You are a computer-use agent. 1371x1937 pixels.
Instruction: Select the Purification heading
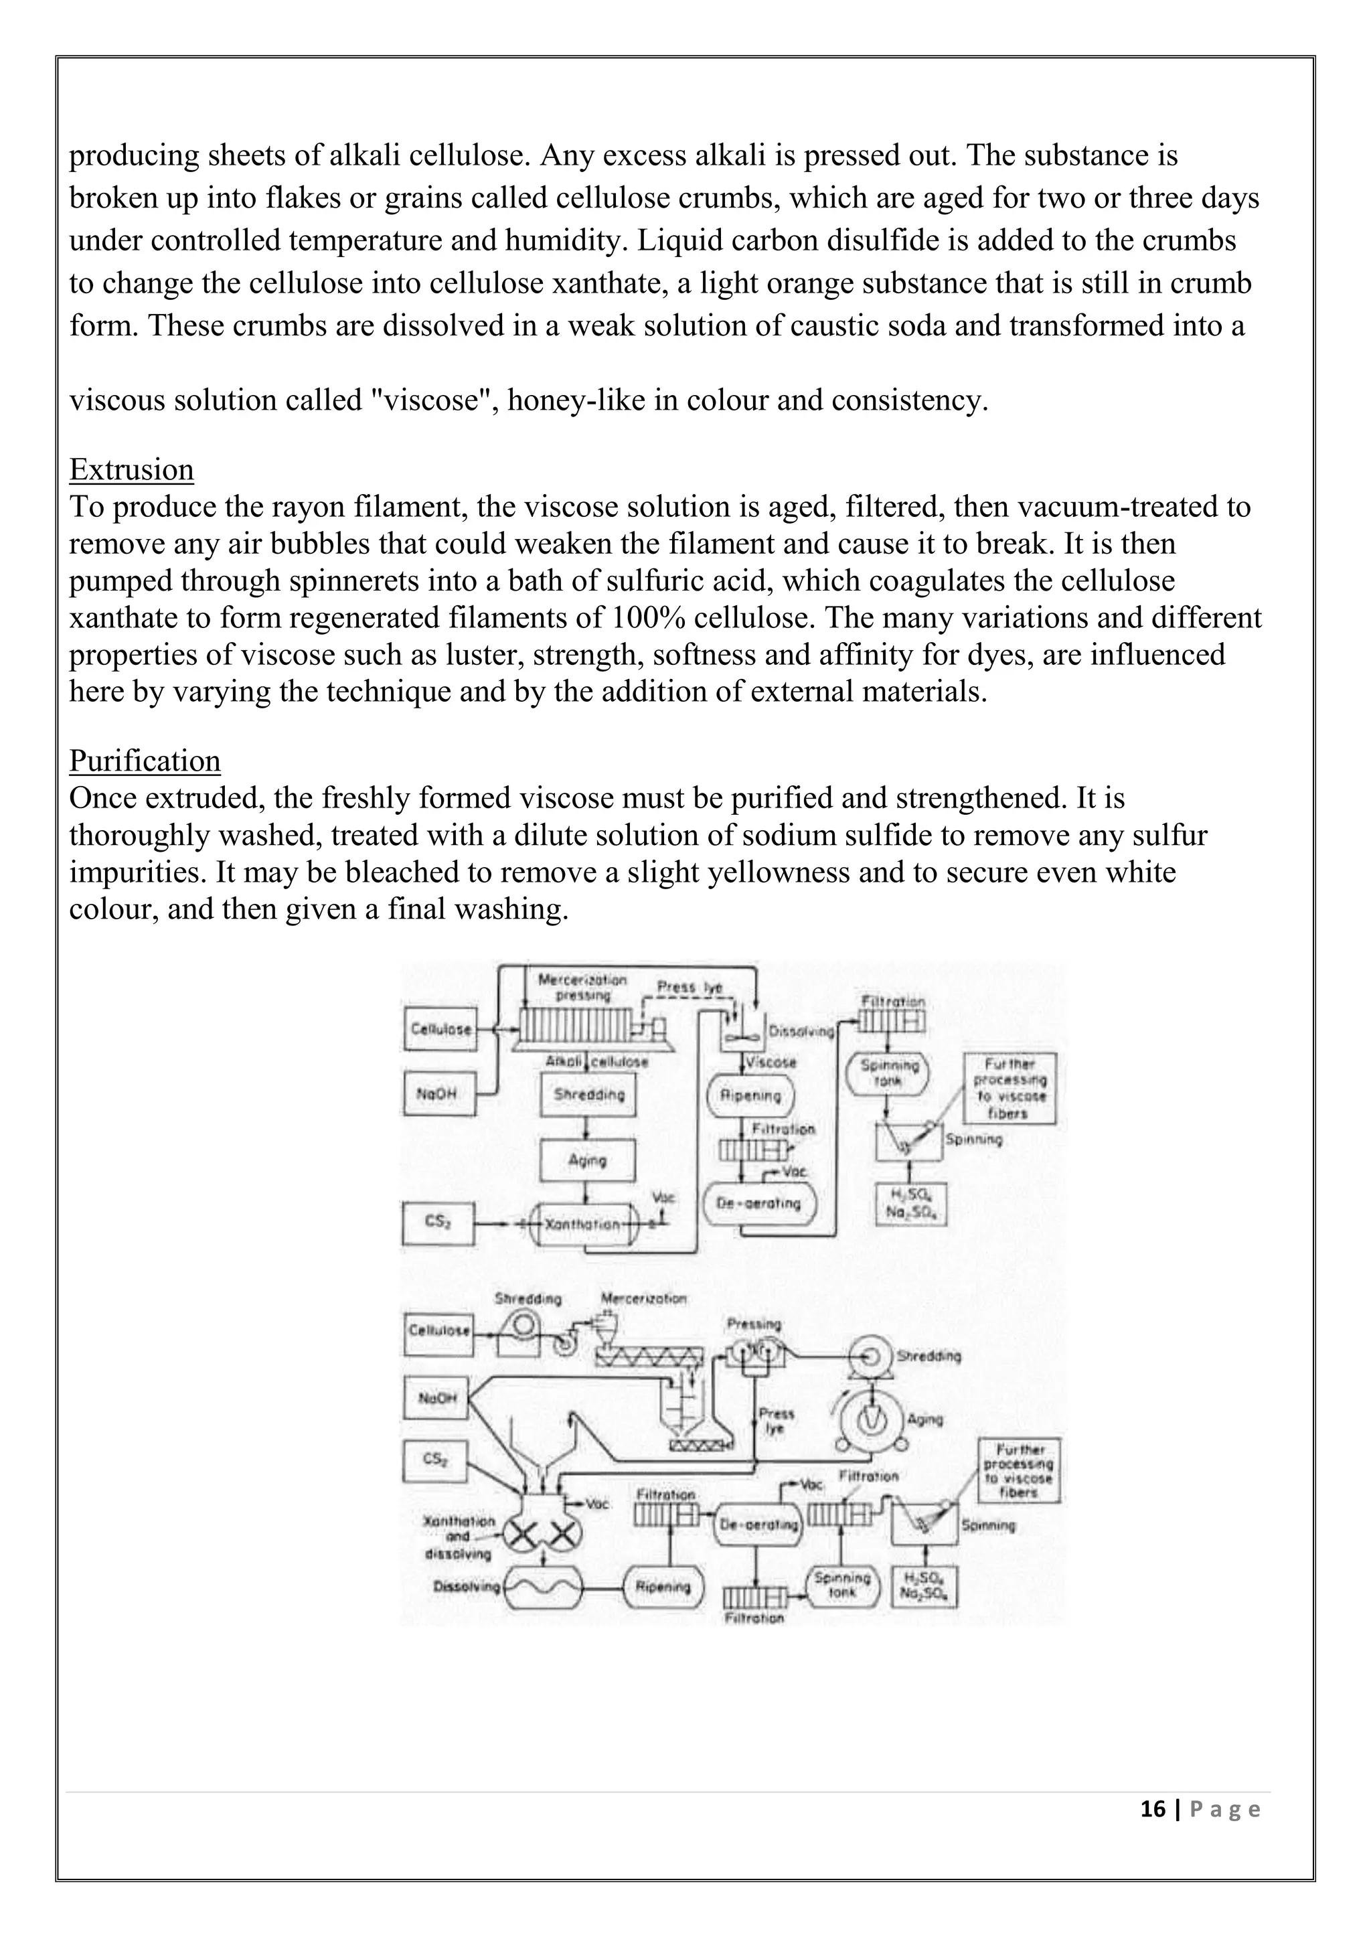coord(145,761)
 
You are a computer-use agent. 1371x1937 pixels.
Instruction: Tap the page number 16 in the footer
coord(1152,1808)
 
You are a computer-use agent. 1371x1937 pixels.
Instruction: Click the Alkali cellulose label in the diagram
coord(597,1061)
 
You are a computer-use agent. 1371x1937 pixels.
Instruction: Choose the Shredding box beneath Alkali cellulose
coord(588,1095)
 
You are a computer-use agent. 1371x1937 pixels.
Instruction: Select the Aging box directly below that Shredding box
coord(588,1160)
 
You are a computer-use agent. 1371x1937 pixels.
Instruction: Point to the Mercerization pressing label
coord(582,987)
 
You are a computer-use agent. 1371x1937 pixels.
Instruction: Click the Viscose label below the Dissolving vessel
coord(771,1061)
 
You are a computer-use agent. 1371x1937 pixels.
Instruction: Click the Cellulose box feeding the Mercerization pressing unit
coord(440,1028)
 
